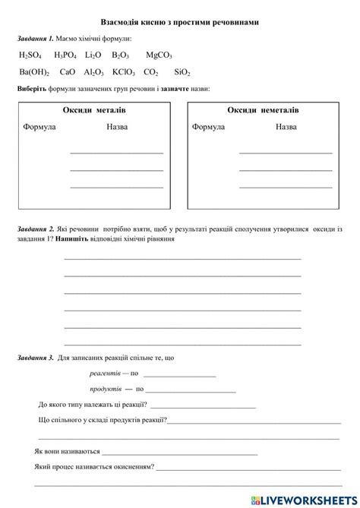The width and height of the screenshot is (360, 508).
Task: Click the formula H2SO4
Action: [30, 55]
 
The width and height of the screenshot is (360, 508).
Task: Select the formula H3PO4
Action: [65, 55]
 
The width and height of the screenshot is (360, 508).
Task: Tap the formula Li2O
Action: [93, 55]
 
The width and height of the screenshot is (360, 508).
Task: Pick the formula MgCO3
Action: [159, 55]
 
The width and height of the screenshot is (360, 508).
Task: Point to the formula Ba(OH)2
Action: [34, 72]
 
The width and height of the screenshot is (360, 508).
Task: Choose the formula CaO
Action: [68, 72]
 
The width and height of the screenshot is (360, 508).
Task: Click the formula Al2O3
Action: [94, 72]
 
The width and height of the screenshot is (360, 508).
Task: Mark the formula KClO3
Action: [124, 72]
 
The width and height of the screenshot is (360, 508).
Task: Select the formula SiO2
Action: [182, 72]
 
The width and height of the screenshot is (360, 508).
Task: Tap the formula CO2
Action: [151, 72]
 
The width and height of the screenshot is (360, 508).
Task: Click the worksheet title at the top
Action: [179, 23]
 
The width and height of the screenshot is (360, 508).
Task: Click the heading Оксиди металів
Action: [94, 111]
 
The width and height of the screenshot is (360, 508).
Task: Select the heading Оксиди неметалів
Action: [263, 111]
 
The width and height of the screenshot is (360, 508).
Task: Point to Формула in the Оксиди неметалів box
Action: [208, 127]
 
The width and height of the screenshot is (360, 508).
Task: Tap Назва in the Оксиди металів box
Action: [117, 127]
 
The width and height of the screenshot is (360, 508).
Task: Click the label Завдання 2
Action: [34, 229]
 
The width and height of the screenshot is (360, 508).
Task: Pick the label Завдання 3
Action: [34, 357]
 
